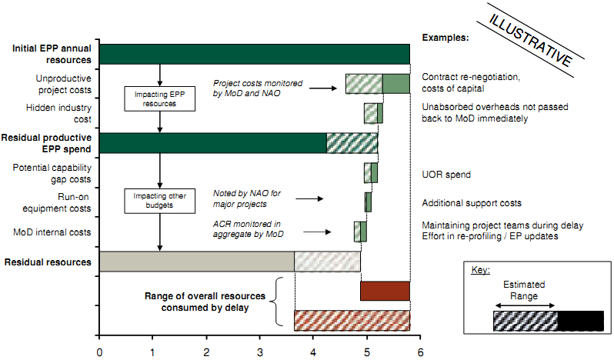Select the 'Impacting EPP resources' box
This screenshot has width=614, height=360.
pyautogui.click(x=159, y=98)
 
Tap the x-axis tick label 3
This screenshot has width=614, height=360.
pyautogui.click(x=259, y=352)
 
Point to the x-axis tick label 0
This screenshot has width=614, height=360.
pyautogui.click(x=99, y=352)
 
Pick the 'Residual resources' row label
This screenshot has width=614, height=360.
pyautogui.click(x=52, y=262)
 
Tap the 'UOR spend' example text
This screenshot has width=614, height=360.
pyautogui.click(x=445, y=175)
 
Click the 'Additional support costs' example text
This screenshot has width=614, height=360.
pyautogui.click(x=472, y=203)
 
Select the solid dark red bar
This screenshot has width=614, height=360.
pyautogui.click(x=385, y=291)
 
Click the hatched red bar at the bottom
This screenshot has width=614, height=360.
pyautogui.click(x=352, y=320)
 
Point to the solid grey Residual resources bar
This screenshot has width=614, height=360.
pyautogui.click(x=197, y=262)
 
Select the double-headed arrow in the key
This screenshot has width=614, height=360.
pyautogui.click(x=524, y=305)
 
